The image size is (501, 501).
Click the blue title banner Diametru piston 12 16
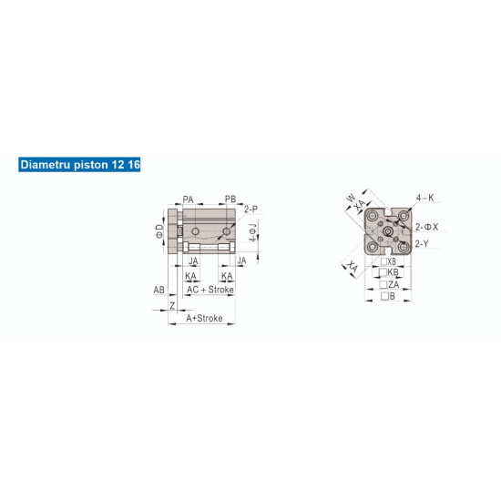pyautogui.click(x=78, y=166)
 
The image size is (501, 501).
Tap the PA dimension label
pyautogui.click(x=188, y=198)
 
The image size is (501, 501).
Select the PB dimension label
pyautogui.click(x=230, y=198)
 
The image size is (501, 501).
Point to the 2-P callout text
pyautogui.click(x=250, y=209)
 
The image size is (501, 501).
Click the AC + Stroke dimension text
pyautogui.click(x=210, y=289)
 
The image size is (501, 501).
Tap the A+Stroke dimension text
pyautogui.click(x=204, y=319)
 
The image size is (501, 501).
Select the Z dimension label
pyautogui.click(x=172, y=305)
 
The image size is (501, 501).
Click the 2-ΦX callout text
pyautogui.click(x=428, y=226)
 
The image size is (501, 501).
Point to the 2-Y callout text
pyautogui.click(x=422, y=243)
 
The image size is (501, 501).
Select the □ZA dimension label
pyautogui.click(x=389, y=284)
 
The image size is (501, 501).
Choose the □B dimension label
pyautogui.click(x=387, y=296)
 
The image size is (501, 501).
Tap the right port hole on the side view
pyautogui.click(x=227, y=217)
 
